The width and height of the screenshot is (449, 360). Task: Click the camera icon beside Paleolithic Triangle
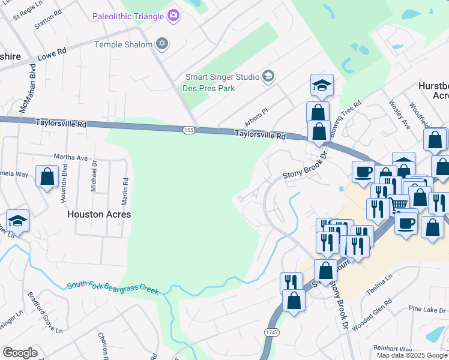(x=173, y=15)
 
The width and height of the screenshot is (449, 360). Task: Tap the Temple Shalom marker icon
(x=161, y=43)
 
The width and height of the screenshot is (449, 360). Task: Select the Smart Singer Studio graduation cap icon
(x=268, y=76)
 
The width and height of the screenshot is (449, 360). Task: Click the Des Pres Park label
(x=208, y=88)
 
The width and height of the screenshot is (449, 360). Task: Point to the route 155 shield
(x=188, y=130)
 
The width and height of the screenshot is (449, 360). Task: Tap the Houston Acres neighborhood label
(x=99, y=214)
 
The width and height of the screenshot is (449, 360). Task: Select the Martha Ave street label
(x=71, y=158)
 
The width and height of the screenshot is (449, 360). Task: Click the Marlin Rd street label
(x=125, y=188)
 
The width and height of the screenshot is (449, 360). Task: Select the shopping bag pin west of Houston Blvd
(x=47, y=176)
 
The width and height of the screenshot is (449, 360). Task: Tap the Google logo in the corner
(x=20, y=353)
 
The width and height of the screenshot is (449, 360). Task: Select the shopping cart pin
(x=398, y=205)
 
